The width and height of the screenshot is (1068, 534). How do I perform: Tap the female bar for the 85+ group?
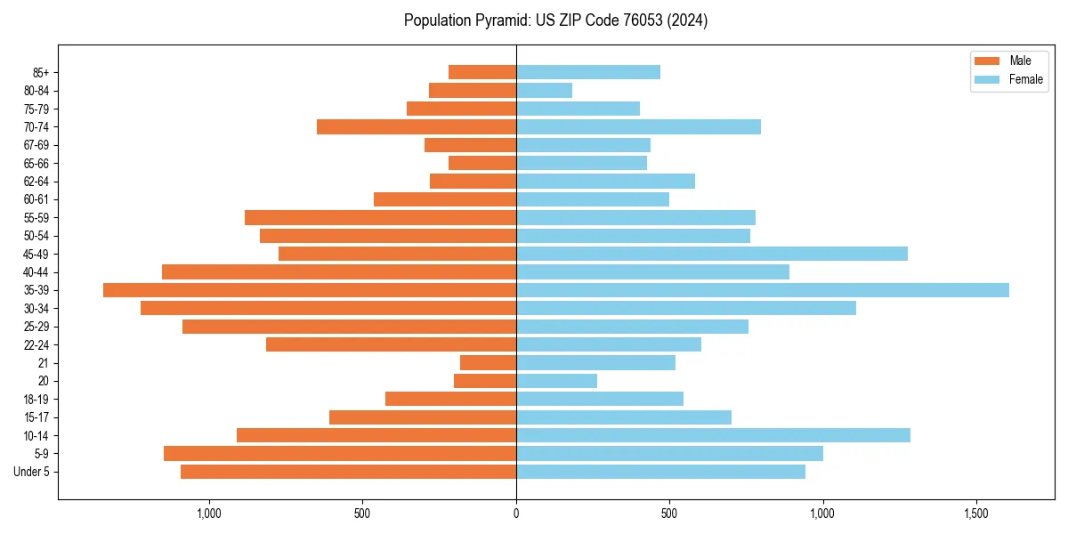pos(588,72)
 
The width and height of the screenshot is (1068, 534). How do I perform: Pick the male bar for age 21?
pos(488,363)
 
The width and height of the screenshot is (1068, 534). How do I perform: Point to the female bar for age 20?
pos(556,381)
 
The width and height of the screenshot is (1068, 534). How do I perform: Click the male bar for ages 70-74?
pos(417,127)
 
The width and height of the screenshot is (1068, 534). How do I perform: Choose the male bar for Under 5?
pos(348,472)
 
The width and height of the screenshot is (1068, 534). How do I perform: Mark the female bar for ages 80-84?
pos(544,91)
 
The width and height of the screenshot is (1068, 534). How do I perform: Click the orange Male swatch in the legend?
pos(988,61)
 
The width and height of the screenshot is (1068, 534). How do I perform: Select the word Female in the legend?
pos(1026,79)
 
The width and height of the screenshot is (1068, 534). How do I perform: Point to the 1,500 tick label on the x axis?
pos(976,514)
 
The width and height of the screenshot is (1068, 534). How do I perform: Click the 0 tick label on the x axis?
pos(516,514)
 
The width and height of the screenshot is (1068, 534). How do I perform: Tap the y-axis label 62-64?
pos(36,182)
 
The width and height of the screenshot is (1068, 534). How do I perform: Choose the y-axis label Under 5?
pos(32,472)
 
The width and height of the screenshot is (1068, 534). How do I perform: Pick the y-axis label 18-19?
pos(36,400)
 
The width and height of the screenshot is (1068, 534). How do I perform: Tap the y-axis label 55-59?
pos(36,218)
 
